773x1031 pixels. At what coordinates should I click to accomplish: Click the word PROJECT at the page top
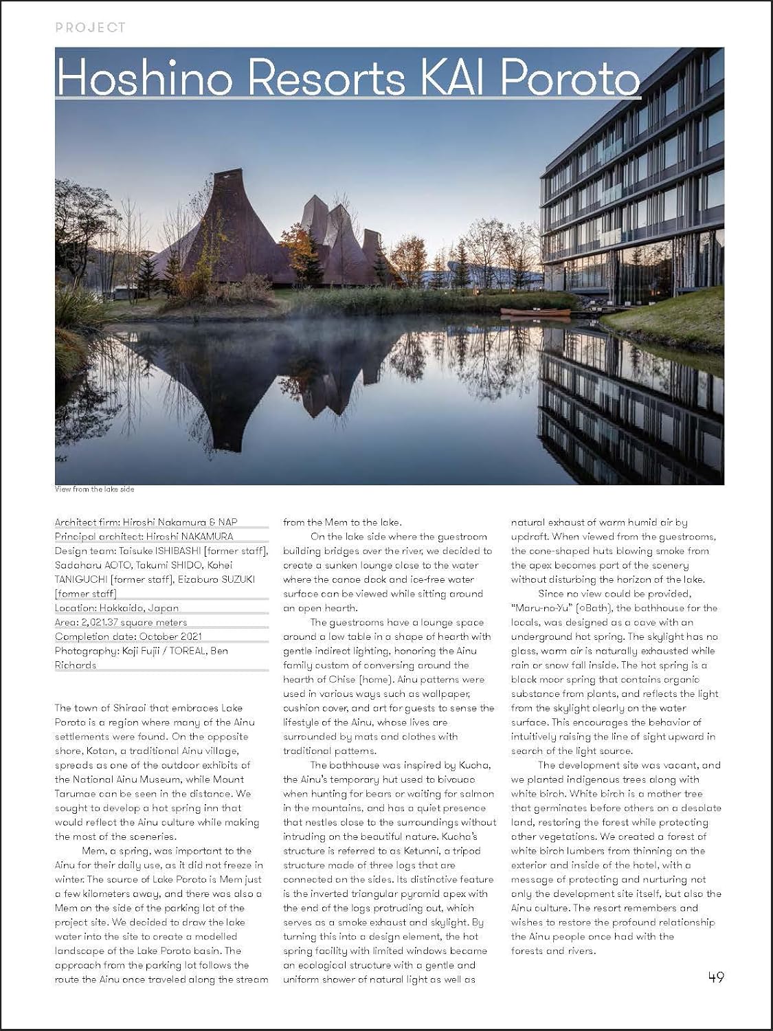(x=90, y=27)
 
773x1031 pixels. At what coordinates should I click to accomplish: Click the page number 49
(x=715, y=977)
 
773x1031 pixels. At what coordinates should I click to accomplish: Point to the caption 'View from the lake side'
(x=94, y=489)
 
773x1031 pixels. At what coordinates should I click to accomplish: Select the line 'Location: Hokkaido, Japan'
(x=117, y=608)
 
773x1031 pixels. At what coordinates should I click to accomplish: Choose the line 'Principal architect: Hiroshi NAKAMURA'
(x=144, y=536)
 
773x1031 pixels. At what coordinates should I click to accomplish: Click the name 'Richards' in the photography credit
(x=76, y=665)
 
